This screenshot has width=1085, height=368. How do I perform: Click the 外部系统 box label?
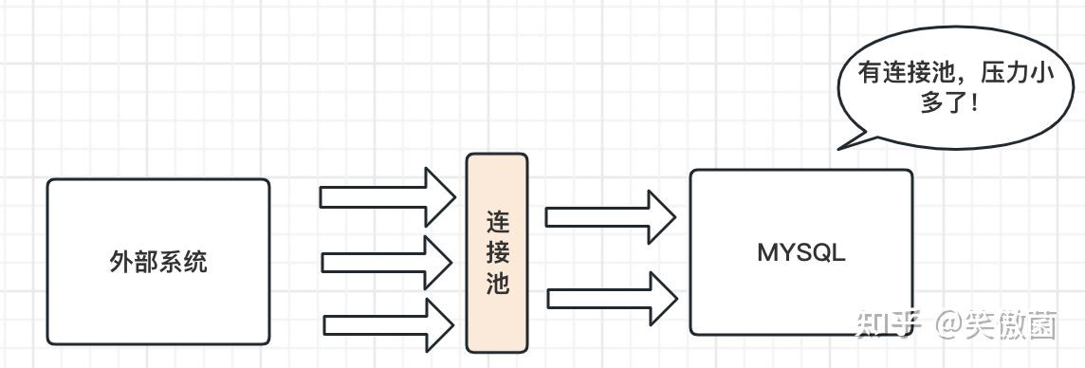click(x=158, y=262)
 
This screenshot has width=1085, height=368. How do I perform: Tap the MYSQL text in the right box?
click(x=801, y=253)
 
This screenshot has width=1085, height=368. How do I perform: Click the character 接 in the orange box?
click(x=497, y=252)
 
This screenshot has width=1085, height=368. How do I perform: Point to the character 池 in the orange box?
click(x=497, y=283)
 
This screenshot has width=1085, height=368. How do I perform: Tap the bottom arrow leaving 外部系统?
click(x=387, y=324)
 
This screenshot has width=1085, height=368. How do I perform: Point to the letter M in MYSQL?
click(x=767, y=253)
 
